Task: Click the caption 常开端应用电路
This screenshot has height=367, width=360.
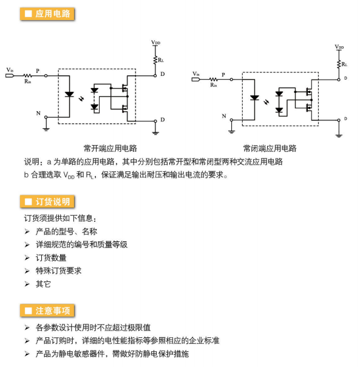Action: pyautogui.click(x=110, y=148)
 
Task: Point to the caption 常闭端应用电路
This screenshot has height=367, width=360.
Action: pyautogui.click(x=270, y=148)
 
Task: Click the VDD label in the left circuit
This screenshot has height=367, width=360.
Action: pyautogui.click(x=155, y=43)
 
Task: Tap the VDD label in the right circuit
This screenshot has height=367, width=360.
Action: pyautogui.click(x=339, y=47)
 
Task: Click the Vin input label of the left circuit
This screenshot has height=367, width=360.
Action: pyautogui.click(x=10, y=70)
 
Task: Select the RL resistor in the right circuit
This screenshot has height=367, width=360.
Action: pyautogui.click(x=339, y=64)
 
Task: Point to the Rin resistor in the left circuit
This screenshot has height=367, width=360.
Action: pyautogui.click(x=27, y=75)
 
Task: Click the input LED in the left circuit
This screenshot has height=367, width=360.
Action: pyautogui.click(x=69, y=94)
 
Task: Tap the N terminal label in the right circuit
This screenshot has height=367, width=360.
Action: pyautogui.click(x=224, y=116)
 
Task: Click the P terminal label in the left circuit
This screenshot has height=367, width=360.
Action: pyautogui.click(x=38, y=70)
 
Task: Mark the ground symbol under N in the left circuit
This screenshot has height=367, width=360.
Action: pyautogui.click(x=46, y=129)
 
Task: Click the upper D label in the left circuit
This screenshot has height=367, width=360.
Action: pyautogui.click(x=163, y=74)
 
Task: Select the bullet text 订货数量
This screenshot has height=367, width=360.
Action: pyautogui.click(x=51, y=258)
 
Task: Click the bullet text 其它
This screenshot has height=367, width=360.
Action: pyautogui.click(x=43, y=284)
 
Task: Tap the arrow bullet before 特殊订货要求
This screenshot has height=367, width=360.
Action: pyautogui.click(x=27, y=271)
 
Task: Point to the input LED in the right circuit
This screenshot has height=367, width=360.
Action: pyautogui.click(x=254, y=98)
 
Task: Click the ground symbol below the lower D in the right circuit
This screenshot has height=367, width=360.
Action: pyautogui.click(x=339, y=135)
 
